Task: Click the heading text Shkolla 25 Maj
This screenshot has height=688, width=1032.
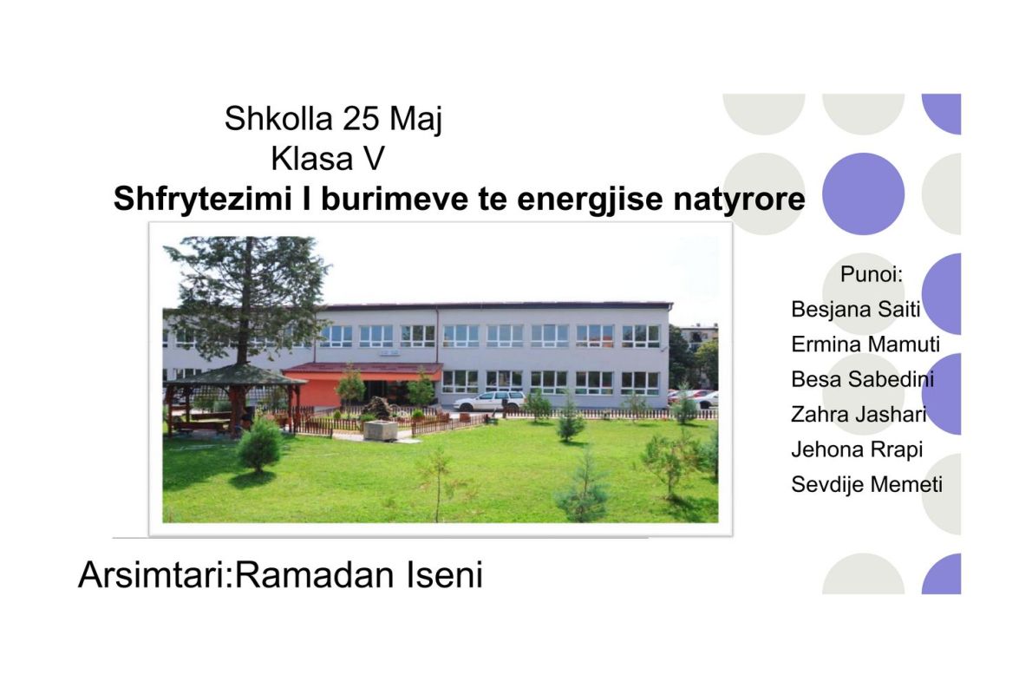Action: click(333, 119)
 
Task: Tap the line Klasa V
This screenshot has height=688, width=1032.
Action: click(327, 159)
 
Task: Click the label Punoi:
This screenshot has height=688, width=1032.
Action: click(872, 274)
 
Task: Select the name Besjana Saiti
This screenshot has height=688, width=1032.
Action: click(856, 309)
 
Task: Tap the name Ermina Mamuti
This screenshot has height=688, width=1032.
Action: click(865, 344)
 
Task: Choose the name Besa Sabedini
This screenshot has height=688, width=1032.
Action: click(862, 379)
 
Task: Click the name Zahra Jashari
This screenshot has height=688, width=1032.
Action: click(859, 414)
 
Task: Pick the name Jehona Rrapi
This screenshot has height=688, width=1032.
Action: click(857, 449)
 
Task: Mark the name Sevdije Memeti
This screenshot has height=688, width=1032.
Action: click(867, 485)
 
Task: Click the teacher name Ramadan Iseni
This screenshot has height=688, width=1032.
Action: click(359, 574)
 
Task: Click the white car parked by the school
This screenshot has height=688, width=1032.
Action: click(490, 401)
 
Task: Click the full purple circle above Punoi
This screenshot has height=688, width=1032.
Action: click(863, 193)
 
